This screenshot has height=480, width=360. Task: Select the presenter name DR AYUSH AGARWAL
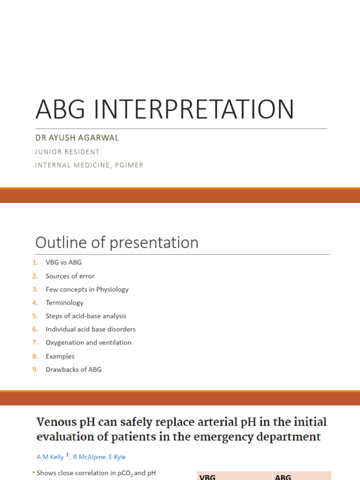(x=77, y=138)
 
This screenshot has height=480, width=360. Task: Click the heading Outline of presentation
(x=117, y=243)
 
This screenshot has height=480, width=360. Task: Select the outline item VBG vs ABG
(x=63, y=262)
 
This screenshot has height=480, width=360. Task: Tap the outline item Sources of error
(x=70, y=276)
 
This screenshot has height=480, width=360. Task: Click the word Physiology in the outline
(x=112, y=289)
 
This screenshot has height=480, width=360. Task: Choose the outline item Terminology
(x=64, y=303)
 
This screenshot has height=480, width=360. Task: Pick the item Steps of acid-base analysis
(x=86, y=316)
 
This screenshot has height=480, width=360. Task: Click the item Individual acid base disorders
(x=90, y=329)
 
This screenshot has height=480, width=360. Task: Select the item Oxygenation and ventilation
(x=88, y=343)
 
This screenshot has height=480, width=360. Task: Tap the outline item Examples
(x=60, y=356)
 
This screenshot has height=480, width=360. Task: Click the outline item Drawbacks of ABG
(x=73, y=369)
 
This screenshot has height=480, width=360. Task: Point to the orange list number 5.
(x=35, y=316)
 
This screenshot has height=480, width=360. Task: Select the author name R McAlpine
(x=89, y=457)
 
